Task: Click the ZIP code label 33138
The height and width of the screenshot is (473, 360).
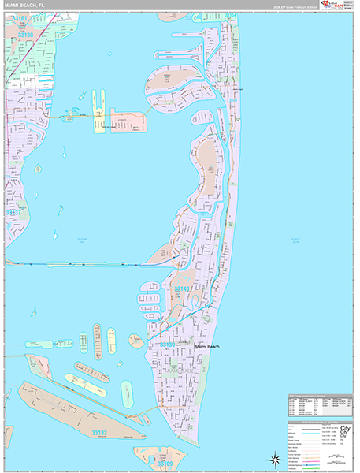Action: click(27, 35)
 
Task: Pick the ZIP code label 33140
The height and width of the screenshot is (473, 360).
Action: click(183, 290)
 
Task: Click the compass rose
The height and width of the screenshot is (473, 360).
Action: click(275, 458)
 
